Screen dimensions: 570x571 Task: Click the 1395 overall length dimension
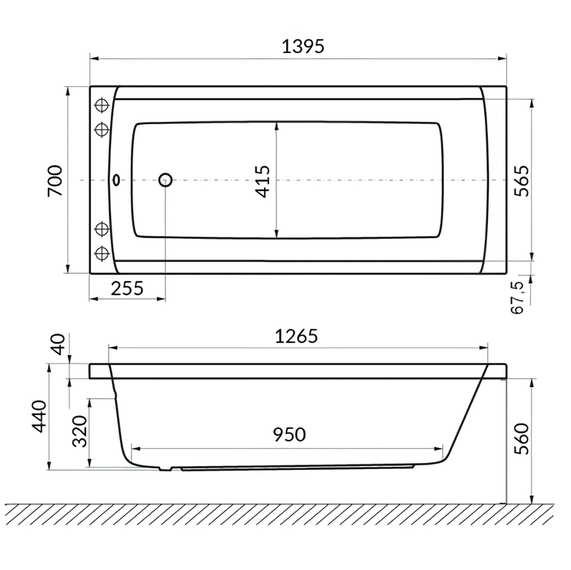(302, 46)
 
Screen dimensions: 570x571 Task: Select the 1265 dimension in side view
(296, 337)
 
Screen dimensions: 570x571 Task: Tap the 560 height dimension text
(521, 441)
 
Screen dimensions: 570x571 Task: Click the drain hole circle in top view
(165, 180)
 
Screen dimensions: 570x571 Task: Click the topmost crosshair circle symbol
(101, 106)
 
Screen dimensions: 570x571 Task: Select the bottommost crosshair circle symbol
(101, 253)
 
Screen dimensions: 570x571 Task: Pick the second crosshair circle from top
(101, 128)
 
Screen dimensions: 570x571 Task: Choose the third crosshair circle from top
(101, 229)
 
